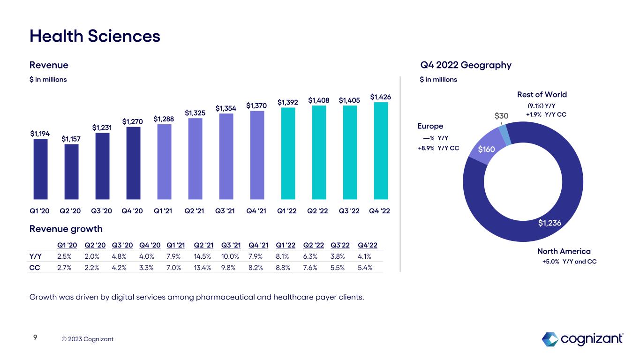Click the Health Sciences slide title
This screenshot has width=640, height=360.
coord(95,36)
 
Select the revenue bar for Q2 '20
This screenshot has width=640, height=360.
coord(72,172)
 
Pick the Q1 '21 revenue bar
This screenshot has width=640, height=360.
coord(164,162)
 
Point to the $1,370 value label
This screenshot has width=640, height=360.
coord(256,106)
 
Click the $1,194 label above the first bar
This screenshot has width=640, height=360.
coord(40,134)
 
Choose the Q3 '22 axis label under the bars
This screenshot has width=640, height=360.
coord(349,211)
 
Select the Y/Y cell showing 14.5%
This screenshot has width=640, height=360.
coord(203,256)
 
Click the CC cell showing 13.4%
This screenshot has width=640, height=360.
coord(203,267)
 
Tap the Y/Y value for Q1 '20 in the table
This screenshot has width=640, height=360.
coord(64,256)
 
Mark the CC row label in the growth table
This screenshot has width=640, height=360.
coord(35,267)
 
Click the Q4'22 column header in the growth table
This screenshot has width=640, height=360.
coord(367,245)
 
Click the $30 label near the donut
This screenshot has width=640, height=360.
coord(501,116)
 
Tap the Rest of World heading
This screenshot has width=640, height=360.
coord(542,95)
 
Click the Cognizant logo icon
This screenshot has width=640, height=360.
coord(550,339)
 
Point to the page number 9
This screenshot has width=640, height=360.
coord(35,337)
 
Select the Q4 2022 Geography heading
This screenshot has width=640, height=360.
coord(465,65)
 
